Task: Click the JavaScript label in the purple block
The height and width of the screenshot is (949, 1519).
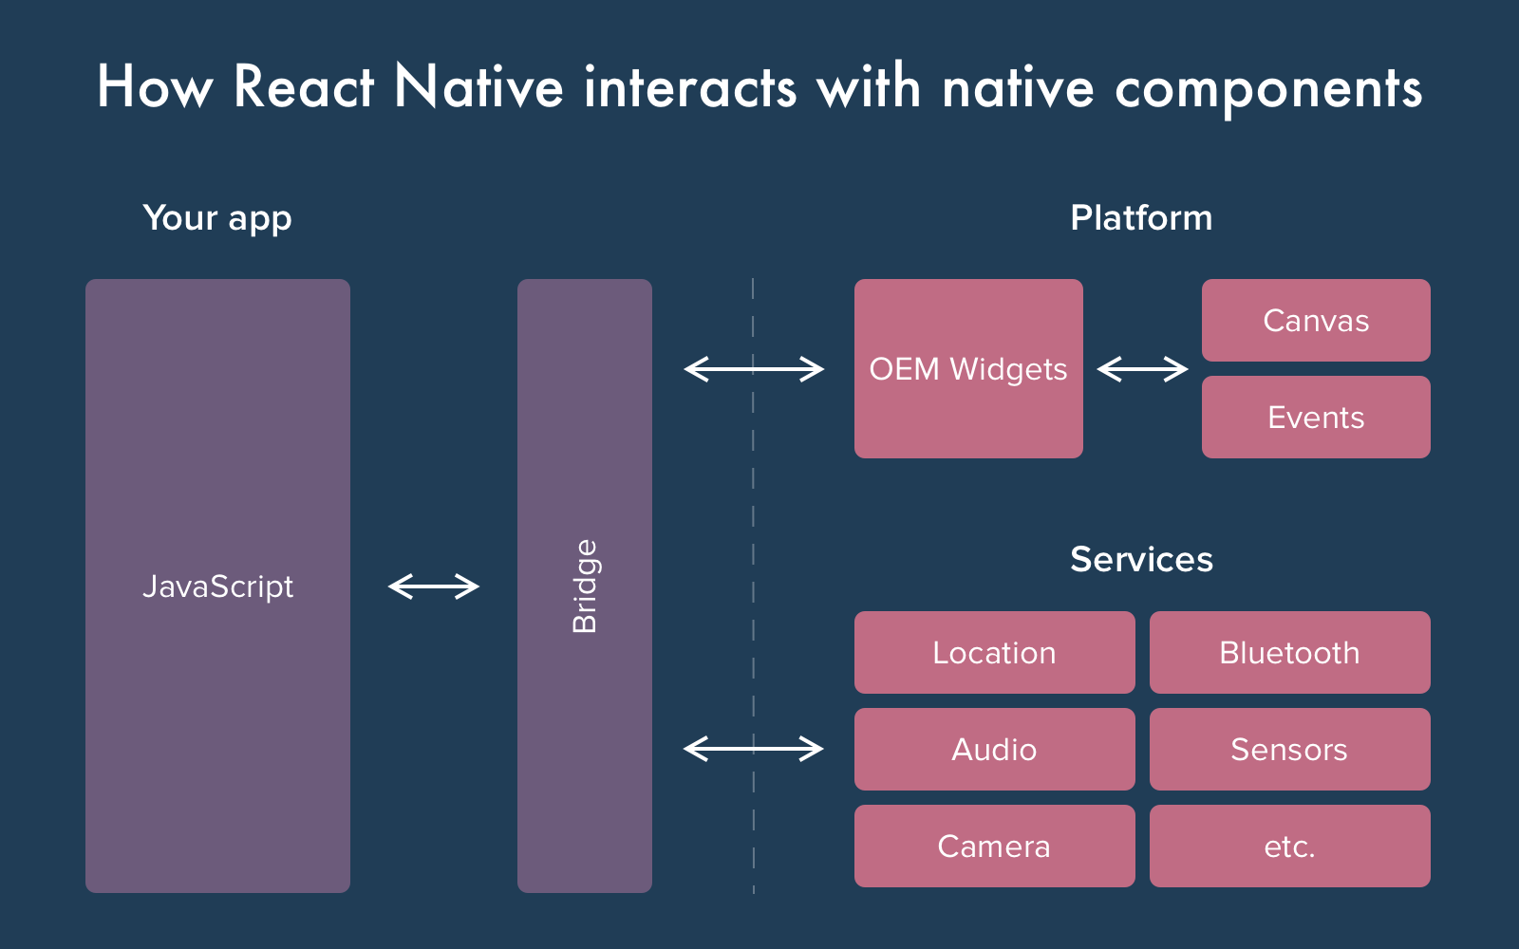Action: tap(217, 586)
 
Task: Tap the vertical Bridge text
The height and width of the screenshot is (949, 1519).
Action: tap(585, 586)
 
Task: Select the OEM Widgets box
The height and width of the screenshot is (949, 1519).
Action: tap(968, 369)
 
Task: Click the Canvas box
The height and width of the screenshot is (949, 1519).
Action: tap(1316, 321)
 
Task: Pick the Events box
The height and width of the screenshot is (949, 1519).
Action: tap(1316, 418)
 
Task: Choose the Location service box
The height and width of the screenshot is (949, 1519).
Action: tap(994, 653)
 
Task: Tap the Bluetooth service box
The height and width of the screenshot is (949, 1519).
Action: tap(1289, 653)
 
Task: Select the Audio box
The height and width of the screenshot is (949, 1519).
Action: tap(994, 750)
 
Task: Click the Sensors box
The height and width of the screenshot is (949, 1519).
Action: tap(1289, 750)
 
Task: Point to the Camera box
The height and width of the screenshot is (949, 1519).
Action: tap(994, 847)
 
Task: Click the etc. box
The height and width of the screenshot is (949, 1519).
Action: tap(1289, 847)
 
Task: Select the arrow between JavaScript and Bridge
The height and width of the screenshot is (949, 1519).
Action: tap(434, 586)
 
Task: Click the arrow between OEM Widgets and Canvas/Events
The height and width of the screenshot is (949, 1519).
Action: tap(1142, 369)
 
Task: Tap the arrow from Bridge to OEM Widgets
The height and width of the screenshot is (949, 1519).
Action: tap(754, 369)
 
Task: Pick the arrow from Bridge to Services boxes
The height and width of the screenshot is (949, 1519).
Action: tap(754, 750)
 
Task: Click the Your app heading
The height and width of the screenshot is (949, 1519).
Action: tap(217, 218)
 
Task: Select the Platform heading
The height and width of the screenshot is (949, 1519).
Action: tap(1141, 218)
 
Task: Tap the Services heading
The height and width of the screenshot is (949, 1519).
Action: tap(1141, 560)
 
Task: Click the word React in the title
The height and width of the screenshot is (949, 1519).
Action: tap(304, 87)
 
